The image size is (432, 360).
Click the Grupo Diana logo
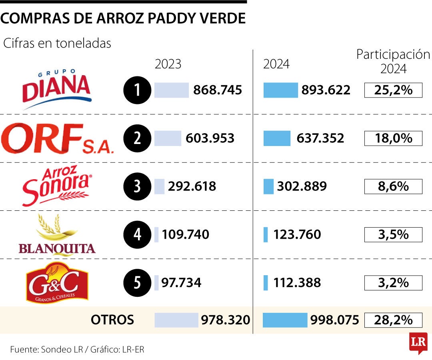(56, 89)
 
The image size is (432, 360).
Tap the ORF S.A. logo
(57, 138)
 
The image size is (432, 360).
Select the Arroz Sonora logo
(56, 186)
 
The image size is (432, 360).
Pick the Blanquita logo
(57, 234)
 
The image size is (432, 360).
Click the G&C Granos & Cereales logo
(57, 282)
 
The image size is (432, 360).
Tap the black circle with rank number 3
(137, 187)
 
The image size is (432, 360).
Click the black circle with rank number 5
(137, 283)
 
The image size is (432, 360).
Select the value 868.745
(218, 90)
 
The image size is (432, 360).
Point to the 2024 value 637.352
(320, 138)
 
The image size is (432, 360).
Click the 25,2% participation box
(393, 90)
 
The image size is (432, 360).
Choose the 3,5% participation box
(393, 234)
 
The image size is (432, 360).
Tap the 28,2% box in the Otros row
(393, 320)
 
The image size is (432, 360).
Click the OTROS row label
(112, 320)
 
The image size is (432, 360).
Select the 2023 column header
(168, 64)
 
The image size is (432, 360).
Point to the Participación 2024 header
(393, 61)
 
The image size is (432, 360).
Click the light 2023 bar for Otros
(176, 320)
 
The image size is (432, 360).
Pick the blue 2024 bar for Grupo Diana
(280, 90)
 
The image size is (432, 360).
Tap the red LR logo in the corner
(418, 343)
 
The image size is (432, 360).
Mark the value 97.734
(181, 283)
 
